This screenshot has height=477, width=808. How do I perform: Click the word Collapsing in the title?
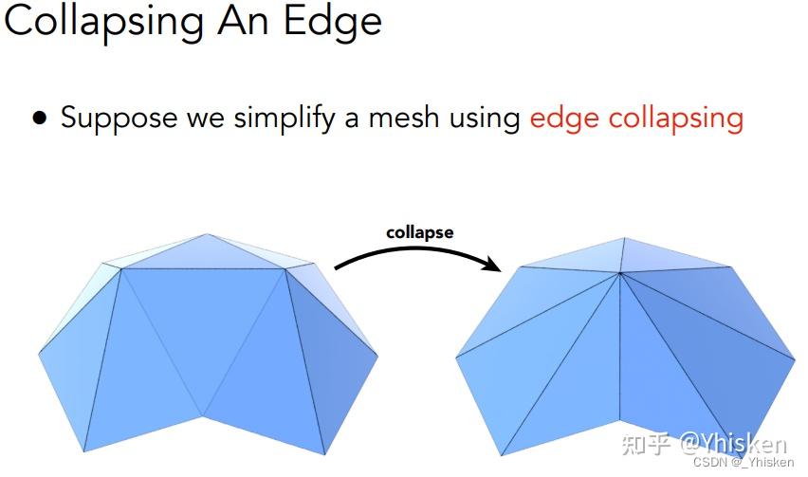click(103, 23)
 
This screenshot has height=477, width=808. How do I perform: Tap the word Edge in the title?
click(333, 23)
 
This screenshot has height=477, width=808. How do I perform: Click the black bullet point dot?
click(39, 118)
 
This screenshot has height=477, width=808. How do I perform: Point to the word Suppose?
click(119, 119)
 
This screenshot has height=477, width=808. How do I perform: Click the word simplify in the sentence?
click(285, 119)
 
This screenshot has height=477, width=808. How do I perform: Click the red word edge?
click(564, 119)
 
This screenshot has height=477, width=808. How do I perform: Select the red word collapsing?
click(676, 119)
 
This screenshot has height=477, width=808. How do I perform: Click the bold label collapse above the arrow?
click(420, 233)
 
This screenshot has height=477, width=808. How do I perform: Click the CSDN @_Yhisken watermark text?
click(744, 462)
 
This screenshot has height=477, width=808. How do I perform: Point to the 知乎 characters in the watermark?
click(646, 444)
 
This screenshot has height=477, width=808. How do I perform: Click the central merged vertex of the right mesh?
click(620, 273)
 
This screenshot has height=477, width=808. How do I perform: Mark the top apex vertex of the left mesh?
click(207, 234)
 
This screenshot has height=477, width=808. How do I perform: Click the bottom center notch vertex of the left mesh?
click(204, 414)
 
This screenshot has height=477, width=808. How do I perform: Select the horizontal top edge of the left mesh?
click(203, 269)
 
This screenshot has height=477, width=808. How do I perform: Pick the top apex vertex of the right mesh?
click(625, 238)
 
